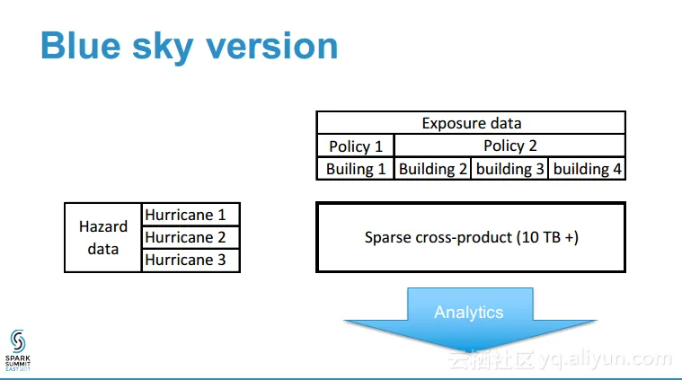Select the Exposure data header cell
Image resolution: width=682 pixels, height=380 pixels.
click(471, 123)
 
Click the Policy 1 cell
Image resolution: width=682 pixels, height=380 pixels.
click(355, 146)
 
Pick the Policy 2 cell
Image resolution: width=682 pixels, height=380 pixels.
click(509, 146)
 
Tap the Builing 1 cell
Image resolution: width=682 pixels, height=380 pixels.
click(355, 168)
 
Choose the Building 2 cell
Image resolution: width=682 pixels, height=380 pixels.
click(432, 168)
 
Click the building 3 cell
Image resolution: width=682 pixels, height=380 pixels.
click(509, 168)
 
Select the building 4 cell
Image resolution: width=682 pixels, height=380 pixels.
click(587, 168)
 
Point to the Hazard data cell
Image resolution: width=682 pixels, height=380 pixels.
click(103, 237)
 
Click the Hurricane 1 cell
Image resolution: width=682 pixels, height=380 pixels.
click(190, 215)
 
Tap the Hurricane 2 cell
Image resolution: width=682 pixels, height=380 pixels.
click(190, 237)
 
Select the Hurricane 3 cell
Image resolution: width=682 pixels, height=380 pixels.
click(190, 260)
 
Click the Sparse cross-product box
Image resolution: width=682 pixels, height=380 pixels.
click(470, 237)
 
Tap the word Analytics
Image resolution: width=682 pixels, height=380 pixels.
click(469, 313)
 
